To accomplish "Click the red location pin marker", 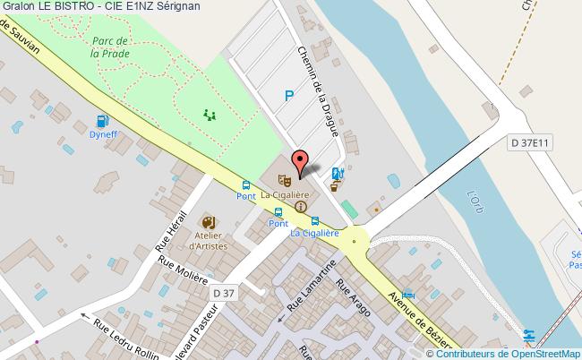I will pyautogui.click(x=299, y=163).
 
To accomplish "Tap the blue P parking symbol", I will pyautogui.click(x=288, y=96).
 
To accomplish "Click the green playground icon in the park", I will pyautogui.click(x=210, y=114).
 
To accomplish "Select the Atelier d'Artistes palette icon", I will pyautogui.click(x=208, y=222).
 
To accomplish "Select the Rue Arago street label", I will pyautogui.click(x=348, y=296).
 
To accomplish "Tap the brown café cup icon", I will pyautogui.click(x=335, y=187).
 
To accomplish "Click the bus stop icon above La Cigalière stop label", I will pyautogui.click(x=314, y=221).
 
